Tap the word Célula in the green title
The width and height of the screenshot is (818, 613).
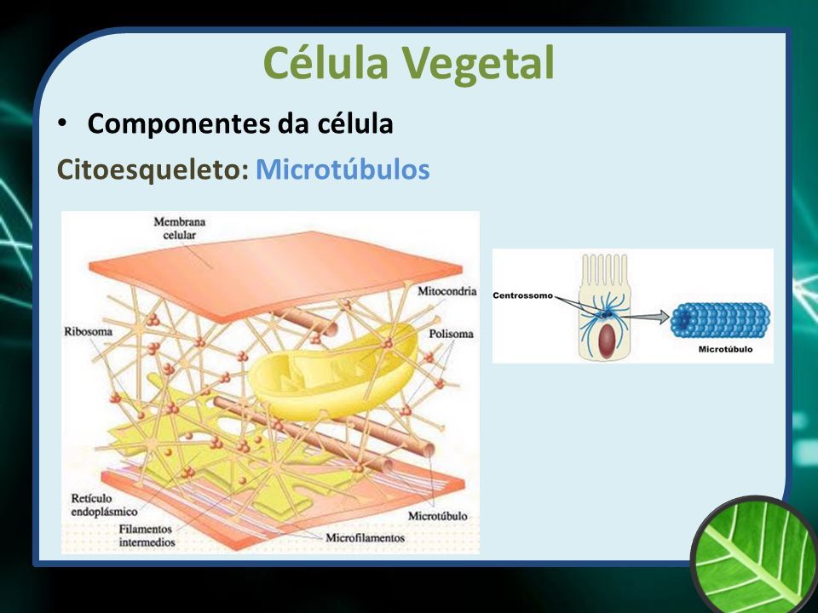coord(326,62)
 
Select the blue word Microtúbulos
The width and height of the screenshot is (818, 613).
coord(343,169)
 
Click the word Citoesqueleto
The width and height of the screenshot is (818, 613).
coord(153,170)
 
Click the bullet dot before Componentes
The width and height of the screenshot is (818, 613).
coord(62,123)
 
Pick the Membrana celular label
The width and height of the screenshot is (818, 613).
coord(180,228)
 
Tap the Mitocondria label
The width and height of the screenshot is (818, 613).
coord(447,291)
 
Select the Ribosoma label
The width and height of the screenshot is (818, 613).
coord(88,331)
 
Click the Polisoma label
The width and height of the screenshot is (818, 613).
coord(452,334)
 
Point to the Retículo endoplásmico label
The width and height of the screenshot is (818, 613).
coord(104,505)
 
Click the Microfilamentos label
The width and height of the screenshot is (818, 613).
coord(366,537)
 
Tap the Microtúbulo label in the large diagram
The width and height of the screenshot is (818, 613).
coord(437,516)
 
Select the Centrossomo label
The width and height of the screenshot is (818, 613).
coord(522,295)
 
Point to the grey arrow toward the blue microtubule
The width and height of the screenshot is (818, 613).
coord(646,317)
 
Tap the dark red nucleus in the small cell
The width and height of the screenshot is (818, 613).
coord(605,341)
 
